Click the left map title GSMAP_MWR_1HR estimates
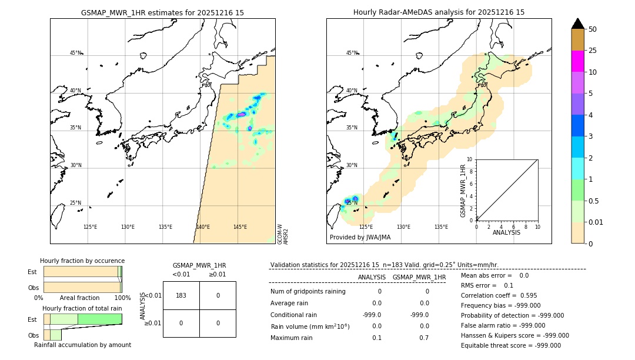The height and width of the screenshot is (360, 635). (x=162, y=12)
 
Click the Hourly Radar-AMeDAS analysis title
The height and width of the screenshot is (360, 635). (x=439, y=12)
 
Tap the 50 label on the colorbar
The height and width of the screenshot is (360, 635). (x=593, y=29)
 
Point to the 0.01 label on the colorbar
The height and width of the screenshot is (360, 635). (x=596, y=222)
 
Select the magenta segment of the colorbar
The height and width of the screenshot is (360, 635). (x=577, y=61)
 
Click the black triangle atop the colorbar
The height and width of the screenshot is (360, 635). (x=577, y=24)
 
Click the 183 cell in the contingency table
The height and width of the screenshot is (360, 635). (x=181, y=295)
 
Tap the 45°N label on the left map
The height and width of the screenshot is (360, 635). (x=76, y=53)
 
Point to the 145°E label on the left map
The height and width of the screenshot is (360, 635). (x=240, y=227)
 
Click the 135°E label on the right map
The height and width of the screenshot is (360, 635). (x=441, y=227)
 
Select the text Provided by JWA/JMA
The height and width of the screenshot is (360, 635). (x=360, y=238)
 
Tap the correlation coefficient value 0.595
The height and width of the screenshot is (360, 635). (x=525, y=295)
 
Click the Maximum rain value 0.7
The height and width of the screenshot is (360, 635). (x=424, y=338)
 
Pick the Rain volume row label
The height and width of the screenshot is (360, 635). (x=310, y=326)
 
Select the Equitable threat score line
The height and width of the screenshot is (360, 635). (x=511, y=345)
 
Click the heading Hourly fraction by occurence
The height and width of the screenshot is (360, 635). (x=82, y=261)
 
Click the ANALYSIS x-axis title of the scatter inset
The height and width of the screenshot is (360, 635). (x=507, y=232)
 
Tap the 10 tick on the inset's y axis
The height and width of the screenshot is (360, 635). (x=469, y=159)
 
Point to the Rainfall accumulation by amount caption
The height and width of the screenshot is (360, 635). (x=82, y=345)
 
